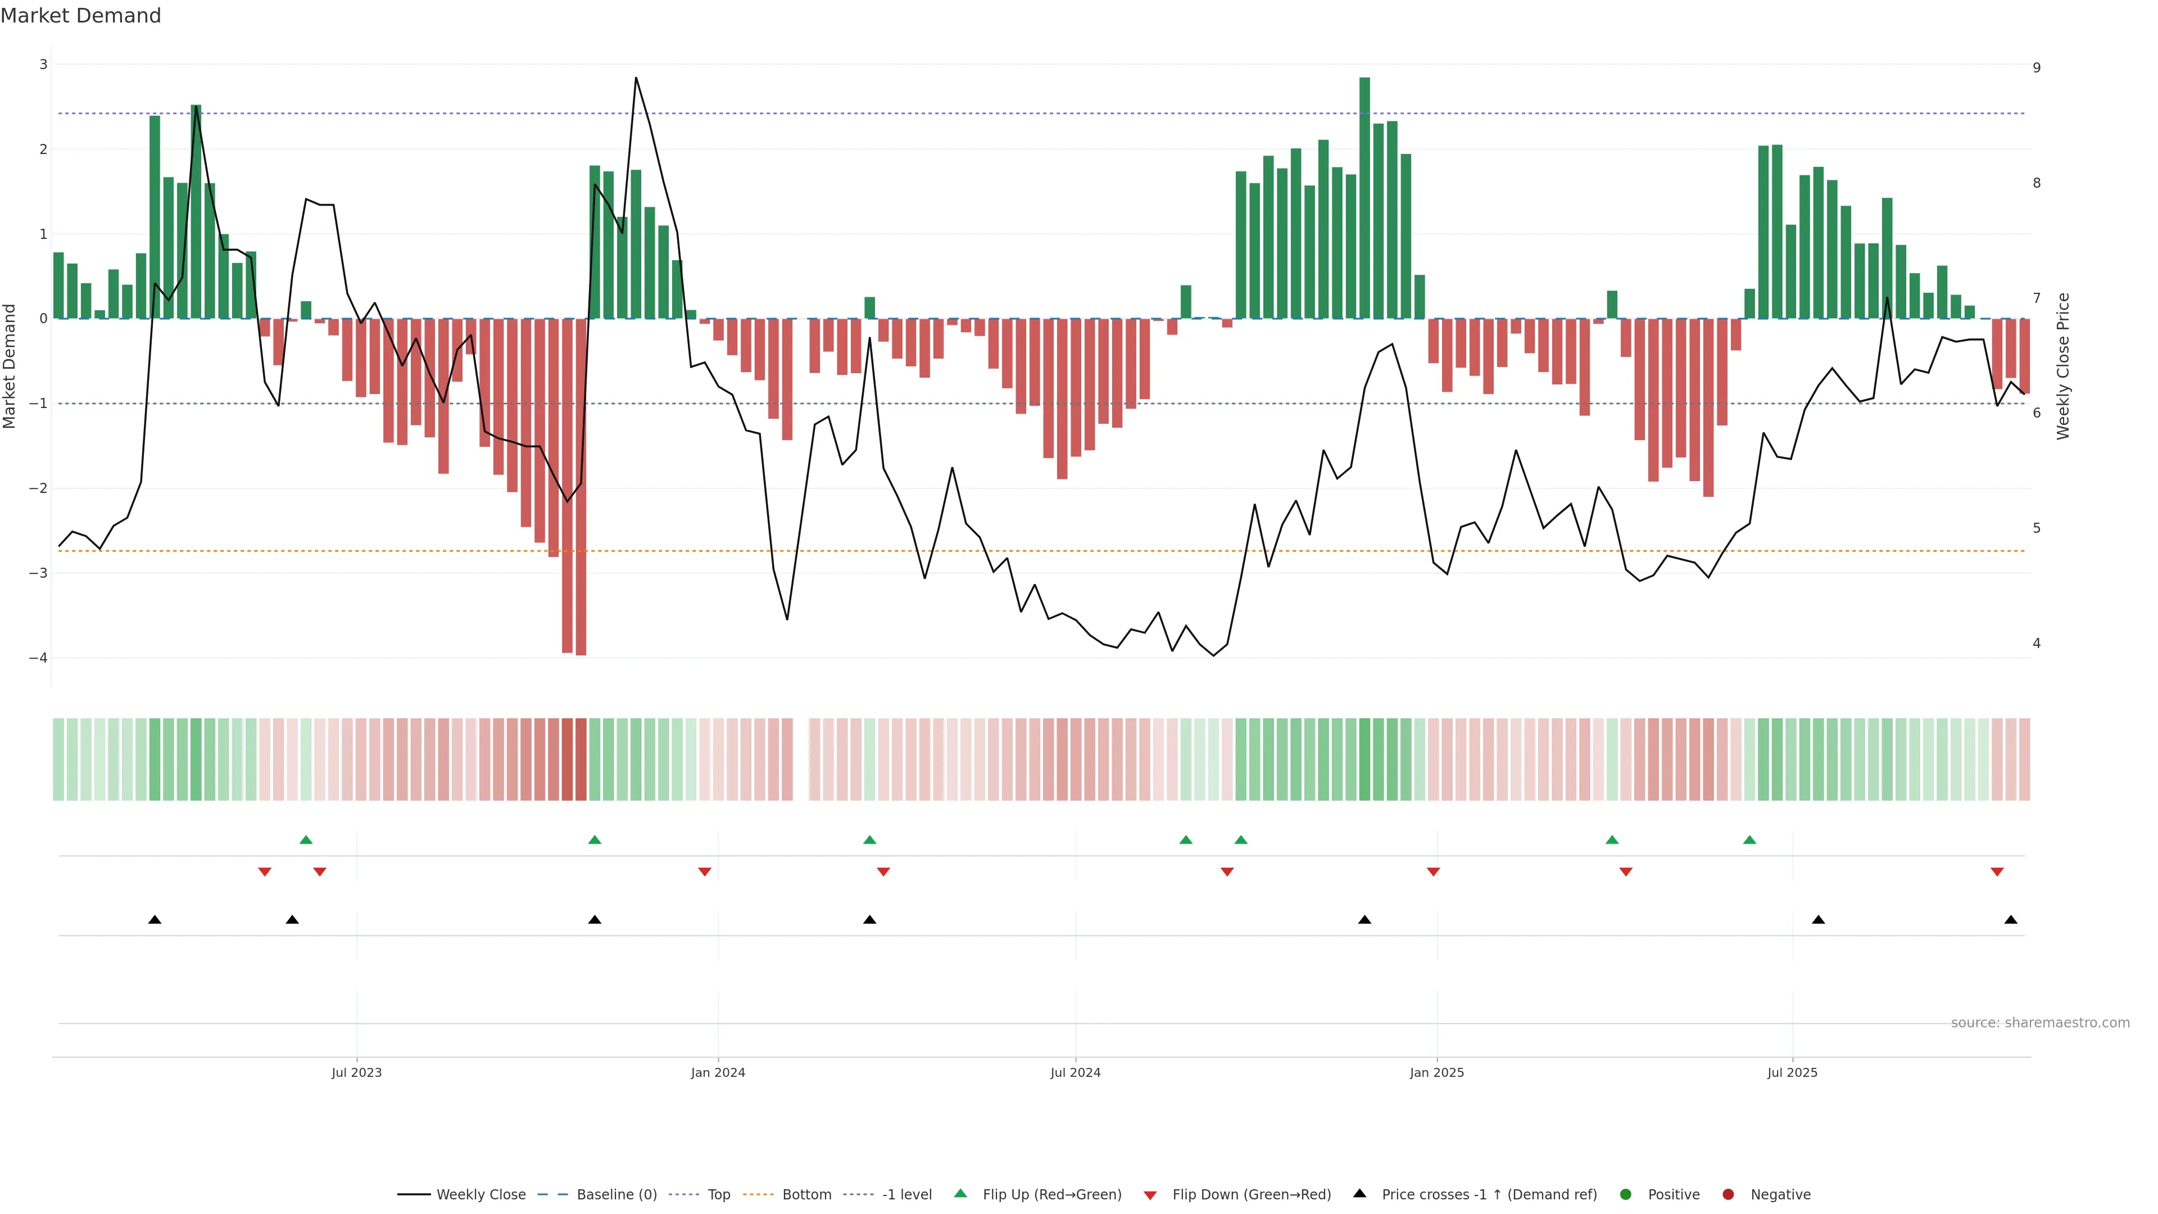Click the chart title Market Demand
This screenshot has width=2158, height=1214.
pyautogui.click(x=80, y=16)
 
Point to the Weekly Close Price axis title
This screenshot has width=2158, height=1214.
pyautogui.click(x=2062, y=366)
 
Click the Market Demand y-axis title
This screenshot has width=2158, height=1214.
pyautogui.click(x=10, y=366)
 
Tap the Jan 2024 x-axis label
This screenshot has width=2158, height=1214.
pyautogui.click(x=718, y=1072)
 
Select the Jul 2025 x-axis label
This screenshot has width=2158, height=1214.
pyautogui.click(x=1792, y=1072)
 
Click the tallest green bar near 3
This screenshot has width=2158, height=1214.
pyautogui.click(x=1364, y=198)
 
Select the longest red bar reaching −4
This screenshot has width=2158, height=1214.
pyautogui.click(x=581, y=486)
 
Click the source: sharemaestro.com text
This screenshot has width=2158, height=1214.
pyautogui.click(x=2040, y=1023)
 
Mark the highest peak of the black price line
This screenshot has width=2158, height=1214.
pyautogui.click(x=636, y=78)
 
